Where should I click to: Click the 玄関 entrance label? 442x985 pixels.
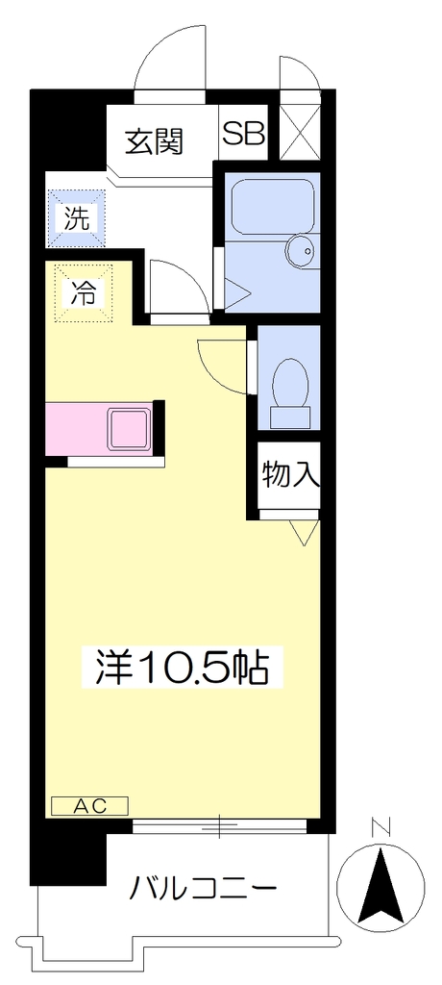pos(154,141)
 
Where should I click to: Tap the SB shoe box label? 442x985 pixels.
pos(244,134)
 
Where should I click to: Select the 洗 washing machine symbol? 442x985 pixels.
pos(79,218)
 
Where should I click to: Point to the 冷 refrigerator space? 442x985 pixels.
pos(84,292)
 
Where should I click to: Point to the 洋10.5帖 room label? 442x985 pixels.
pos(183,669)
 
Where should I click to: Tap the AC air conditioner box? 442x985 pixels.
pos(89,805)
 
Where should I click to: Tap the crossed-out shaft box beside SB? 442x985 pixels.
pos(299,131)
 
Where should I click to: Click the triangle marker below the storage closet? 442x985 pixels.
pos(304,531)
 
